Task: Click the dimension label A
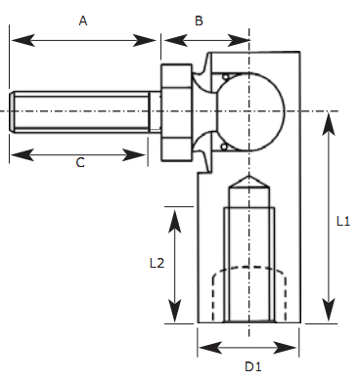(81, 20)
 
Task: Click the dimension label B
(199, 20)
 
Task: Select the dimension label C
(80, 163)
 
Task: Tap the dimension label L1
(342, 222)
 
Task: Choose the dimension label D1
(252, 366)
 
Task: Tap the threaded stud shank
(83, 111)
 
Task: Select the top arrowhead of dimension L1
(326, 118)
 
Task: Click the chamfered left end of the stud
(14, 111)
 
